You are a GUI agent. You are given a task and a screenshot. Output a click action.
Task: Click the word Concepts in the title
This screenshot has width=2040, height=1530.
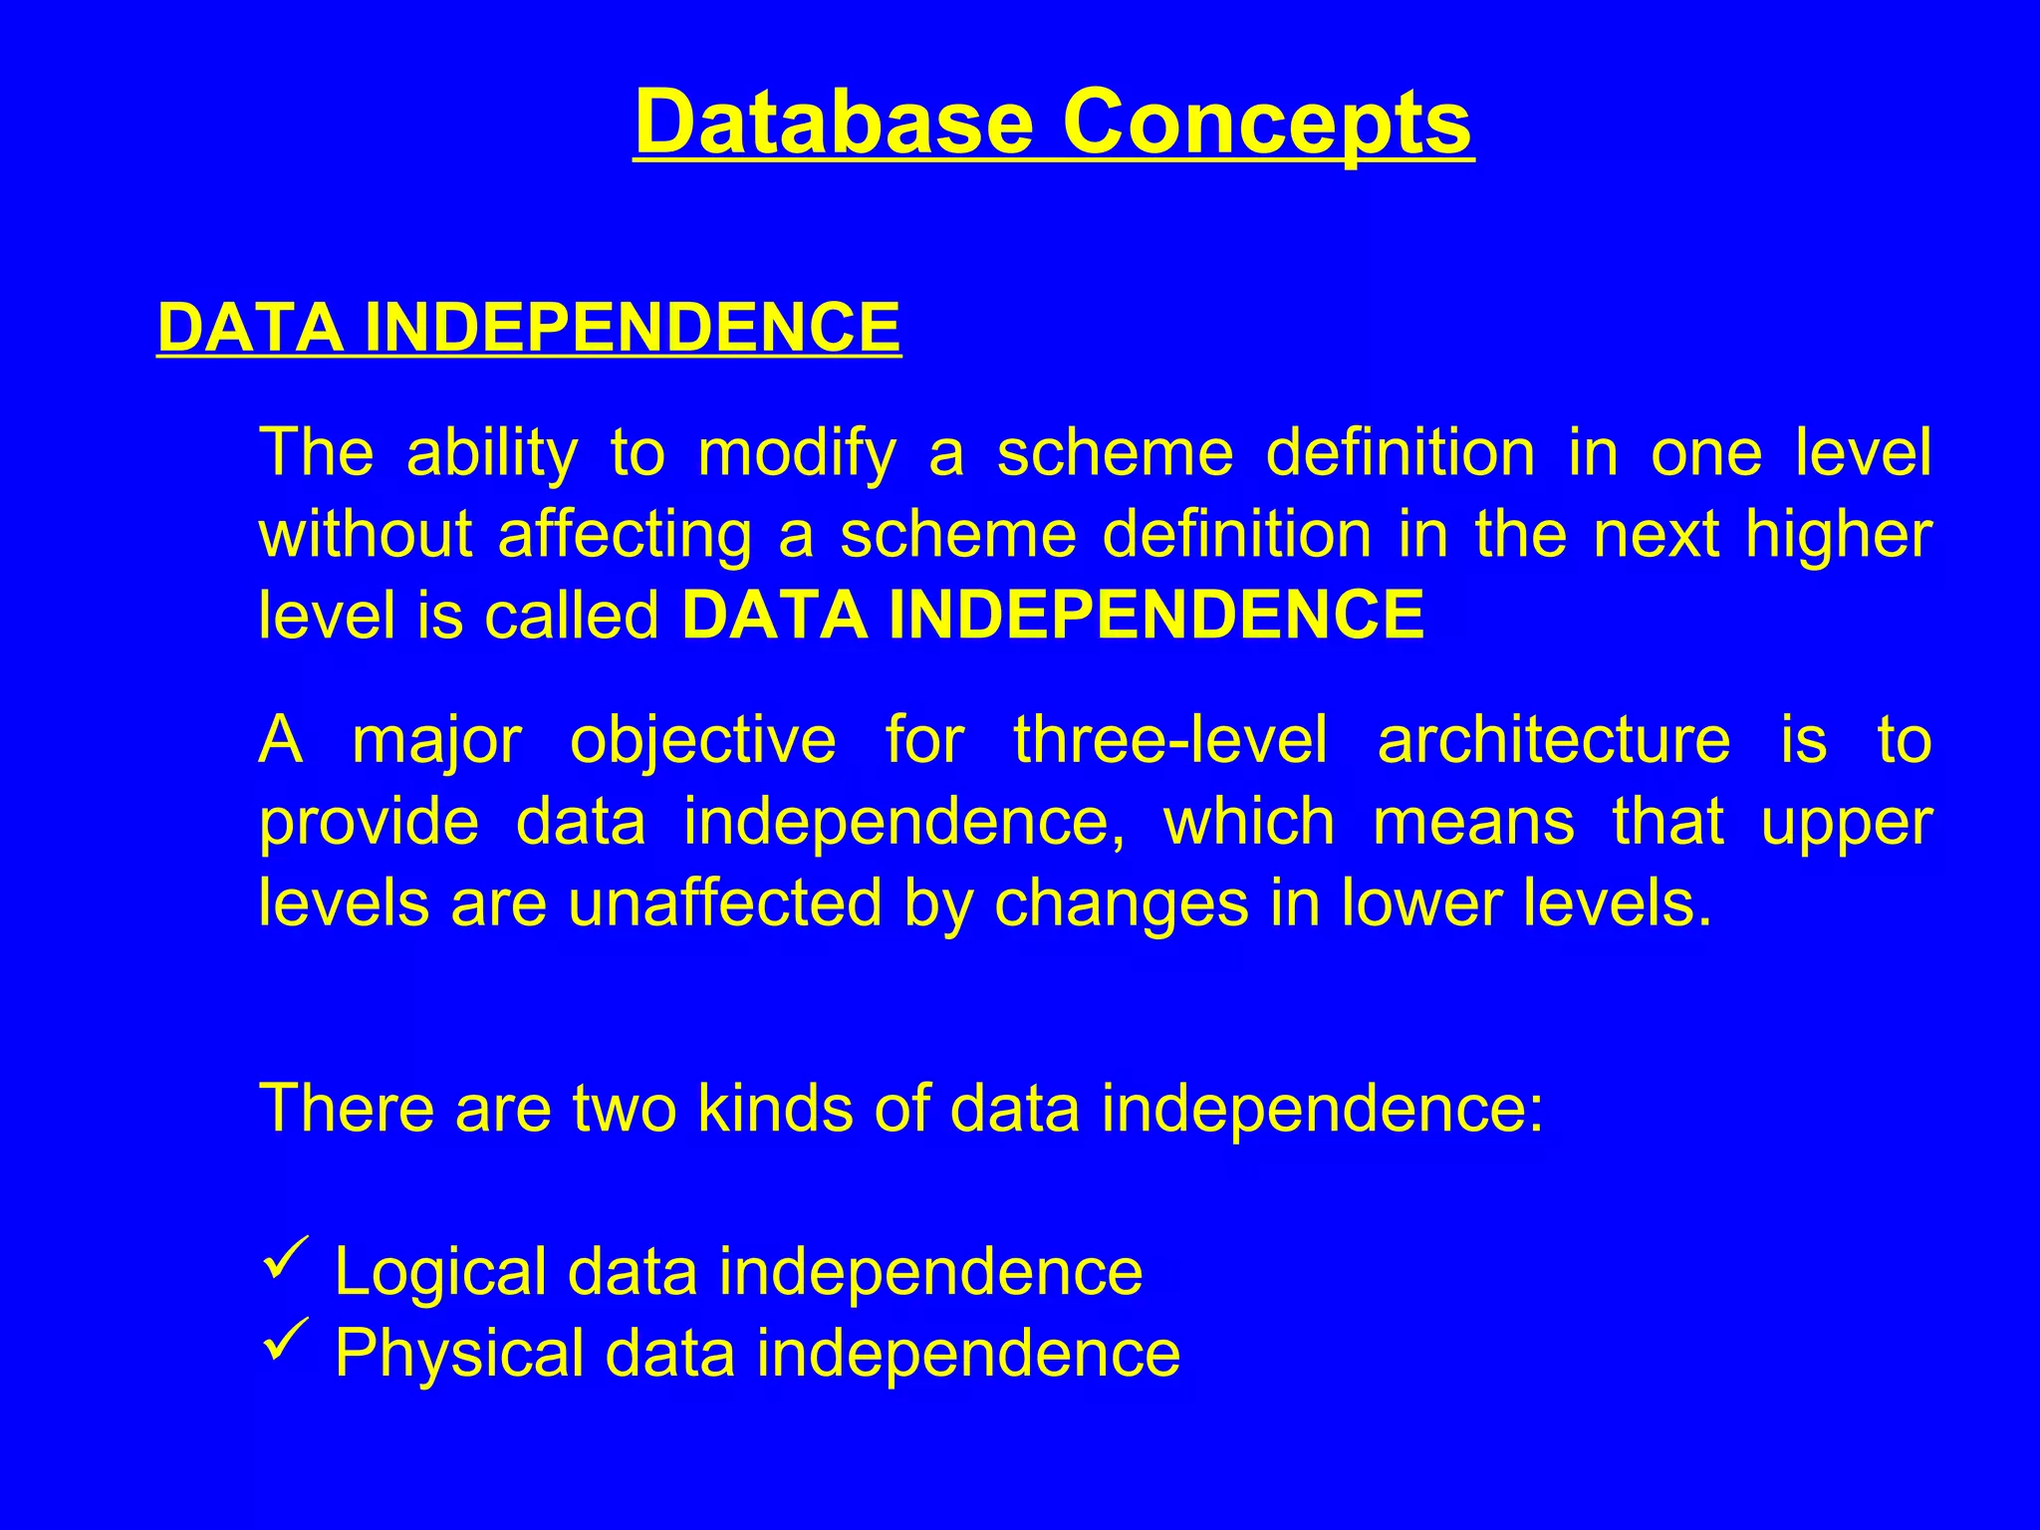click(1266, 124)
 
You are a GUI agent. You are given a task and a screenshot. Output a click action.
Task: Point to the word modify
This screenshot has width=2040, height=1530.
click(796, 453)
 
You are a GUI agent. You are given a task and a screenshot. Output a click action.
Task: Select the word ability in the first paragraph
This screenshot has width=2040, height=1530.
click(491, 453)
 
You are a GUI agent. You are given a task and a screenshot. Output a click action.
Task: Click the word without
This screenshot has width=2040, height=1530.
click(365, 534)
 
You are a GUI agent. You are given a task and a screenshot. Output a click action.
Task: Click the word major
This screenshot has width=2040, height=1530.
click(436, 742)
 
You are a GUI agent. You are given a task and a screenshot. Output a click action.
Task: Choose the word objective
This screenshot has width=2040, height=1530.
click(702, 742)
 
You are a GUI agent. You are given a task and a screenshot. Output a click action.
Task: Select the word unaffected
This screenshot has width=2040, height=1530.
click(724, 903)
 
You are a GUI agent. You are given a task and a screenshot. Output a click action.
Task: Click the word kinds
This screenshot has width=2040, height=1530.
click(774, 1108)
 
